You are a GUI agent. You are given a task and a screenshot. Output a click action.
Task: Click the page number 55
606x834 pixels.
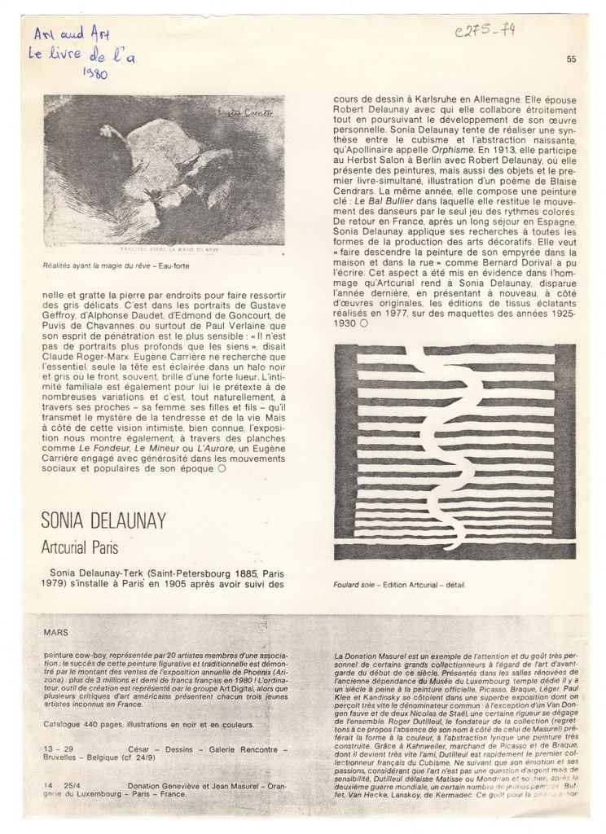point(570,58)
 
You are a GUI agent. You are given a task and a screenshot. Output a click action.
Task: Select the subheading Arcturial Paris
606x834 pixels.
point(80,548)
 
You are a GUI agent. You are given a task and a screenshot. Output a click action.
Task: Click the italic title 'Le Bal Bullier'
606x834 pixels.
point(388,200)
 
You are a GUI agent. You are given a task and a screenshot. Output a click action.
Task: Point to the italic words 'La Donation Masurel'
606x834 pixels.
point(369,656)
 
